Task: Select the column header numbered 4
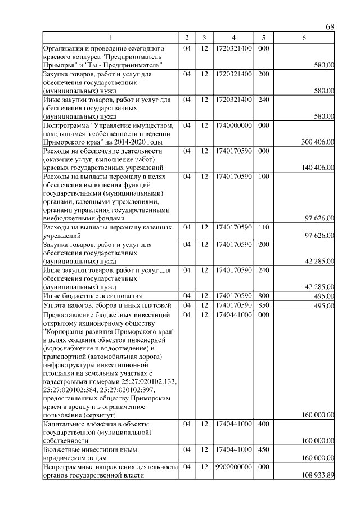pos(233,38)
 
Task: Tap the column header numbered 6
pos(304,38)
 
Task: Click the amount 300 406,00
pos(318,143)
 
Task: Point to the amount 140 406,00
pos(318,168)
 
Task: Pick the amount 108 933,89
pos(318,475)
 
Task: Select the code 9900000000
pos(233,467)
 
